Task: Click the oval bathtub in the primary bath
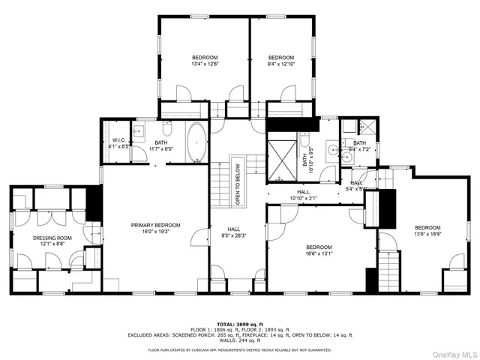(196, 142)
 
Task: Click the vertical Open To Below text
(238, 184)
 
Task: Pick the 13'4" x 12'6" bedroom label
(204, 61)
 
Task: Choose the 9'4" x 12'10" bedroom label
(280, 61)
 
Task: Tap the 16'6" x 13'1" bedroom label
(319, 250)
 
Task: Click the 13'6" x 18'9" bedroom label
(427, 231)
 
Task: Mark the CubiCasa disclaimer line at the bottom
(239, 349)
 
